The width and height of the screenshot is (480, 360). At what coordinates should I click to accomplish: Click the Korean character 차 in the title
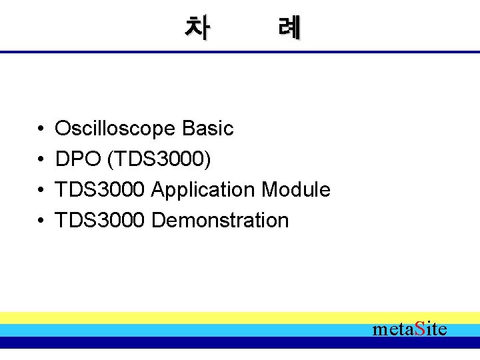click(x=197, y=27)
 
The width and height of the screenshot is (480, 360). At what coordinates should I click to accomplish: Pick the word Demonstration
click(x=220, y=221)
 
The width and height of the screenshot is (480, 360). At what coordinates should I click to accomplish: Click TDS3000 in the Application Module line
click(x=100, y=190)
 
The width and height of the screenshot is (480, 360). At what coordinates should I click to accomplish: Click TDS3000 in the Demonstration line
click(x=100, y=221)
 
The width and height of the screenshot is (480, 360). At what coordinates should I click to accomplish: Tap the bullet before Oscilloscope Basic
click(x=41, y=129)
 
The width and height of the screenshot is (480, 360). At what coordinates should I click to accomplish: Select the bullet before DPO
click(x=41, y=159)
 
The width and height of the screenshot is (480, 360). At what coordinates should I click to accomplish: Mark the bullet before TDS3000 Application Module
click(x=41, y=190)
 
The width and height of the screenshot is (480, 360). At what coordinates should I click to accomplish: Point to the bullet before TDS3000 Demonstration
click(x=41, y=221)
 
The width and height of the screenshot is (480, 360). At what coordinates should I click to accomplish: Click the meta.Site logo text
click(x=409, y=329)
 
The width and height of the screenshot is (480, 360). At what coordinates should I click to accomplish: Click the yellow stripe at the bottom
click(x=200, y=317)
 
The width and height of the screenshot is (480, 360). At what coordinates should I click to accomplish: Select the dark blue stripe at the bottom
click(x=200, y=343)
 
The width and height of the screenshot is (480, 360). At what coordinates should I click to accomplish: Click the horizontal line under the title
click(x=240, y=52)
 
